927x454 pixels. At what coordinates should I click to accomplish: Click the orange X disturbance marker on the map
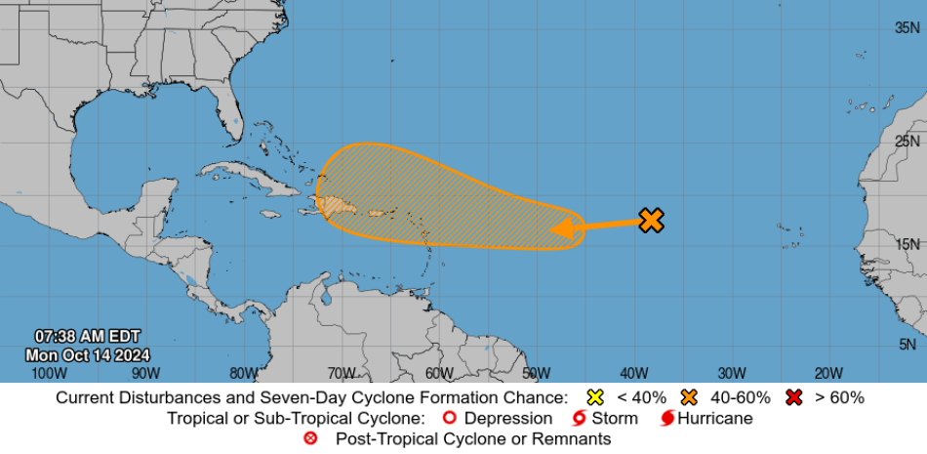[x=651, y=221]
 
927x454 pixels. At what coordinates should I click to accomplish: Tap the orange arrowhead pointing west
[x=559, y=229]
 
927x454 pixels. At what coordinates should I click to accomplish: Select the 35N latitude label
[x=908, y=27]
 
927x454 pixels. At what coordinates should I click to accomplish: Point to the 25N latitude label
[x=908, y=142]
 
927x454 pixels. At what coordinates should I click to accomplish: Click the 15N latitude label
[x=908, y=243]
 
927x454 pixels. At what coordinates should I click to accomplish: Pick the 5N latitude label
[x=908, y=344]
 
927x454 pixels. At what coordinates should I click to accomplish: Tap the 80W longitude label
[x=243, y=373]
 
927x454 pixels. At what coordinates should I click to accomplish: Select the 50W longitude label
[x=536, y=373]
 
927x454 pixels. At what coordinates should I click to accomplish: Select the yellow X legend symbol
[x=594, y=397]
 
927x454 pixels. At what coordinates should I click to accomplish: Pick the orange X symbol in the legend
[x=690, y=397]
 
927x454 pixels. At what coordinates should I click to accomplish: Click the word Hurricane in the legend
[x=716, y=418]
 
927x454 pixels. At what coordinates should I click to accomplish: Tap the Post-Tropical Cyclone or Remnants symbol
[x=311, y=438]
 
